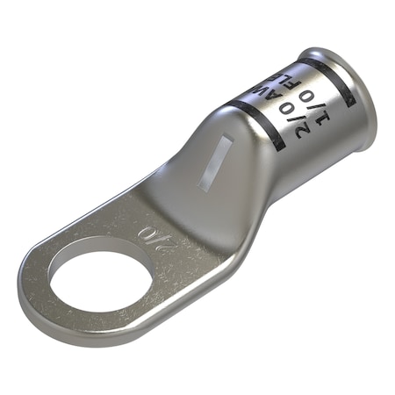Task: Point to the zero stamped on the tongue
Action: [x=146, y=231]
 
